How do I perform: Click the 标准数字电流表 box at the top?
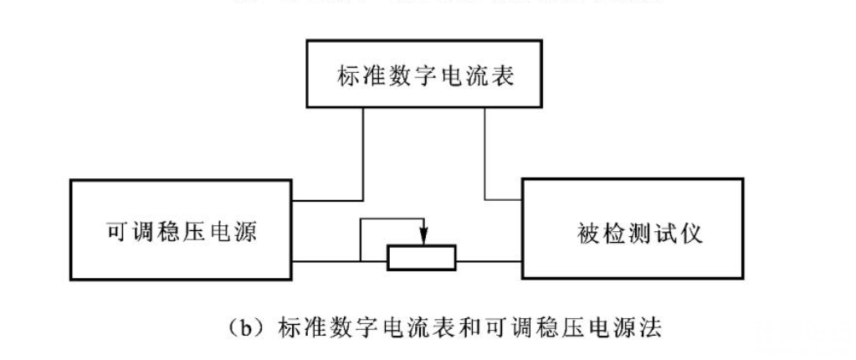pyautogui.click(x=428, y=76)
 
